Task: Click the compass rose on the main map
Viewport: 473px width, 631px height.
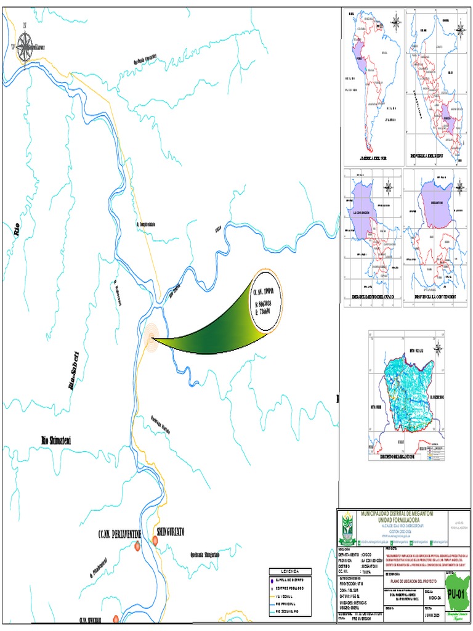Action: click(x=25, y=46)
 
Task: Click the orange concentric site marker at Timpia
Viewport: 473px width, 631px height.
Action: click(x=152, y=336)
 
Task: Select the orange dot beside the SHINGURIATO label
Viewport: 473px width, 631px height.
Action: click(x=156, y=540)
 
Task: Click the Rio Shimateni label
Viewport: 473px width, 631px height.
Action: click(x=56, y=440)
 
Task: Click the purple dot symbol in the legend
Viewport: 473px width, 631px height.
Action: click(x=271, y=580)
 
